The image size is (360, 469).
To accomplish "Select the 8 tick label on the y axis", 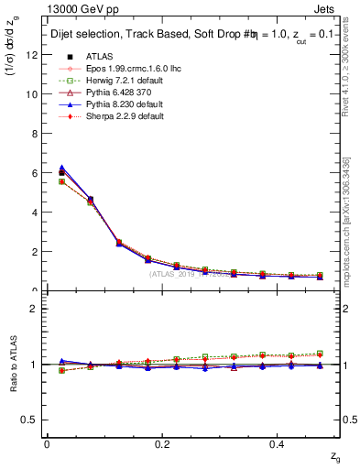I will pos(36,133).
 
